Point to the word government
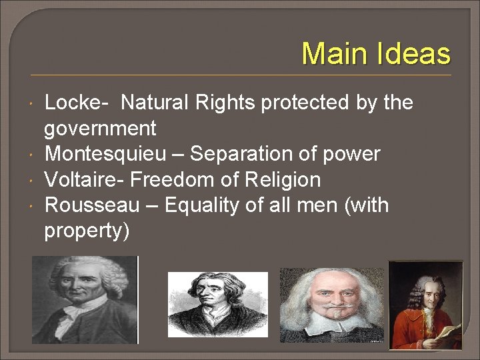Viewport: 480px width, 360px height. click(x=100, y=129)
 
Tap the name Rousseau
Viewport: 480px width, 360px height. click(x=92, y=205)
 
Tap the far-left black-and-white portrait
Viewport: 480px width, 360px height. click(x=84, y=300)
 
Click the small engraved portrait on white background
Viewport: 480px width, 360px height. click(x=217, y=304)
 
